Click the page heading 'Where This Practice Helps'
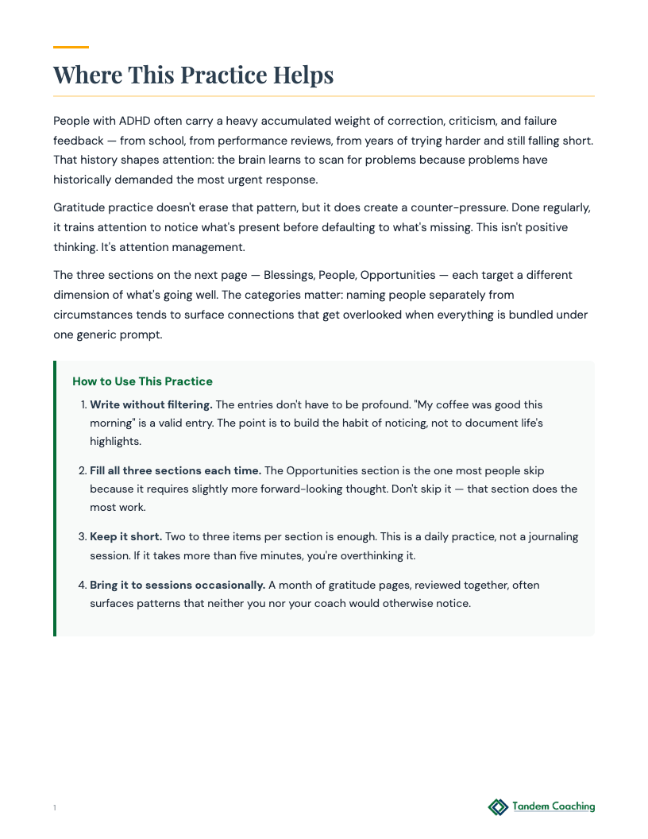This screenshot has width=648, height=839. click(193, 75)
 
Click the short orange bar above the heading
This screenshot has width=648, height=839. click(71, 47)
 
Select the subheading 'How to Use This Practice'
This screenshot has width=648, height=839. click(142, 381)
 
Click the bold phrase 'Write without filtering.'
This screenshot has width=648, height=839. click(151, 404)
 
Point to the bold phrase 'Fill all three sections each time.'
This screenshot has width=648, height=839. click(175, 470)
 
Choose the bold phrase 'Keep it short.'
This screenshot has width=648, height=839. click(125, 536)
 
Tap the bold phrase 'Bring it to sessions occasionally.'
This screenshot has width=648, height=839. click(177, 585)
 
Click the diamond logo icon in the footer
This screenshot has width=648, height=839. click(498, 807)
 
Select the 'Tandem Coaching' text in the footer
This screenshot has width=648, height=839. click(553, 806)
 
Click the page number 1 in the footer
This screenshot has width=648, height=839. click(55, 808)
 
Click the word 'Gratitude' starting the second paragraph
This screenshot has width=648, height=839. click(79, 207)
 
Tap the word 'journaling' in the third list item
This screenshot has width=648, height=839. click(551, 536)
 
